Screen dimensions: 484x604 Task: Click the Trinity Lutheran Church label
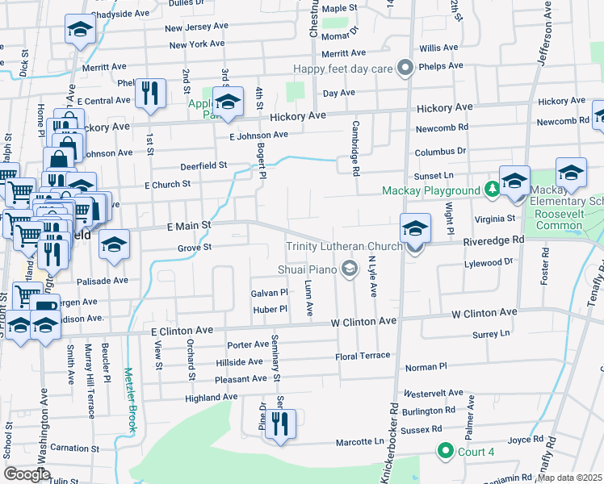coord(344,246)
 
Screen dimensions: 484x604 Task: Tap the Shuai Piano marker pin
coord(350,269)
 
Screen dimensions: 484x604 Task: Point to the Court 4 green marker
coord(443,450)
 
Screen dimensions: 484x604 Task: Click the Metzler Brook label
coord(132,398)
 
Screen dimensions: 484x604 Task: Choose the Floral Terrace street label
coord(363,356)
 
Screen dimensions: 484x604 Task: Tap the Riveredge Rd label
coord(494,240)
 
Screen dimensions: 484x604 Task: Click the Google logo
coord(27,474)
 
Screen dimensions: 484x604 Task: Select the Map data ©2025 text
coord(570,478)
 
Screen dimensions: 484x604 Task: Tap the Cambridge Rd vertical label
coord(354,148)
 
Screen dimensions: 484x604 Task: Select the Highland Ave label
coord(211,397)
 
